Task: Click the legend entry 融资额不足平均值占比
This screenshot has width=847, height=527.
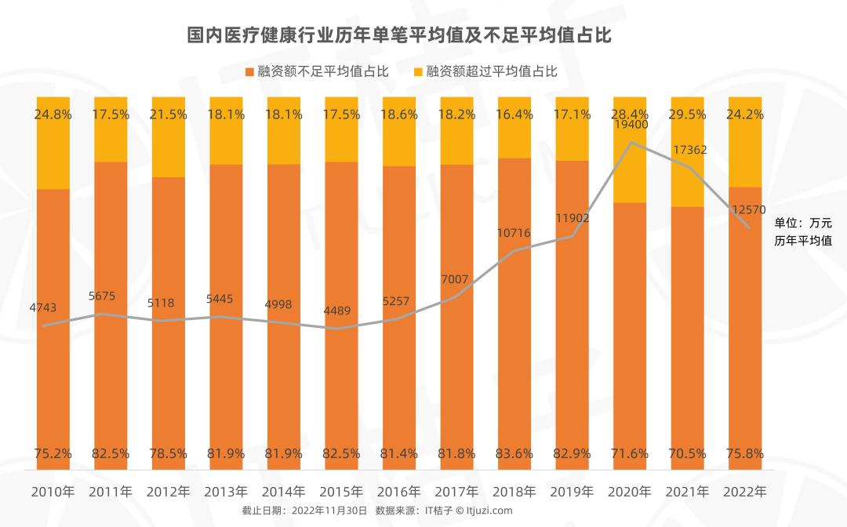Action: (x=318, y=71)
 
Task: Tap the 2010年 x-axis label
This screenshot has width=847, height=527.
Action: (x=53, y=492)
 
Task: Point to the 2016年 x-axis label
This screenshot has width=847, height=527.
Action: (x=399, y=492)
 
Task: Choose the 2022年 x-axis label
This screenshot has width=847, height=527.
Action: (x=745, y=492)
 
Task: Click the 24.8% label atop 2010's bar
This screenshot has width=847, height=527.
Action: (x=53, y=114)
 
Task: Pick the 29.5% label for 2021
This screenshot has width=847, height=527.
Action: (x=688, y=114)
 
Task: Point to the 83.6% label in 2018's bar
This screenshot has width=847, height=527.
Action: (x=514, y=453)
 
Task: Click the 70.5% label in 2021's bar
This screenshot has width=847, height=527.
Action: (x=688, y=453)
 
